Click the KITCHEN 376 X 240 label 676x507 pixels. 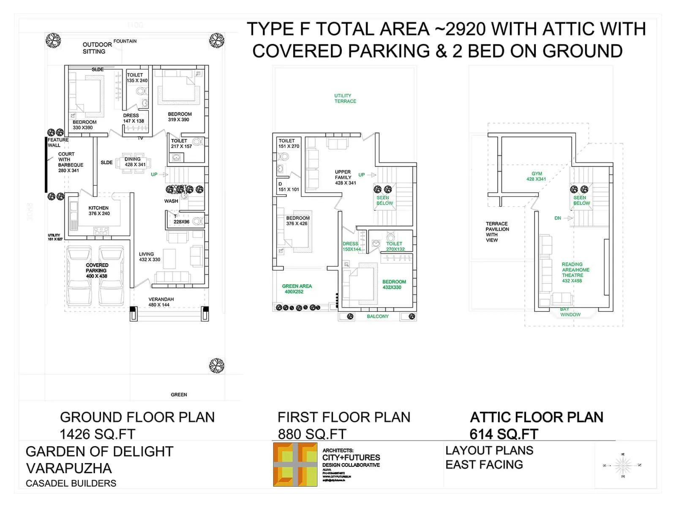(x=99, y=211)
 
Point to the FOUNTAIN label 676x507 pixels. (x=125, y=41)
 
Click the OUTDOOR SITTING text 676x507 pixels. (x=97, y=48)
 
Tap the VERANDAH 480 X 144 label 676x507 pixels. (x=161, y=302)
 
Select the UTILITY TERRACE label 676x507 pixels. (x=345, y=98)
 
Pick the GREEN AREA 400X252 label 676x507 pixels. (x=297, y=289)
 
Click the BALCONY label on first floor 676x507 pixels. (x=377, y=316)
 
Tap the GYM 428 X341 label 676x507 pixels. (x=536, y=176)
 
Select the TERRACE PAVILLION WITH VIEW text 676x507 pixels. (x=497, y=232)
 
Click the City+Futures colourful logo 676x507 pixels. (x=295, y=464)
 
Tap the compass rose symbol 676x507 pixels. (x=622, y=465)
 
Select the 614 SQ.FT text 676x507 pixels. (x=504, y=434)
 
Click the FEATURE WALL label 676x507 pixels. (x=58, y=142)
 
